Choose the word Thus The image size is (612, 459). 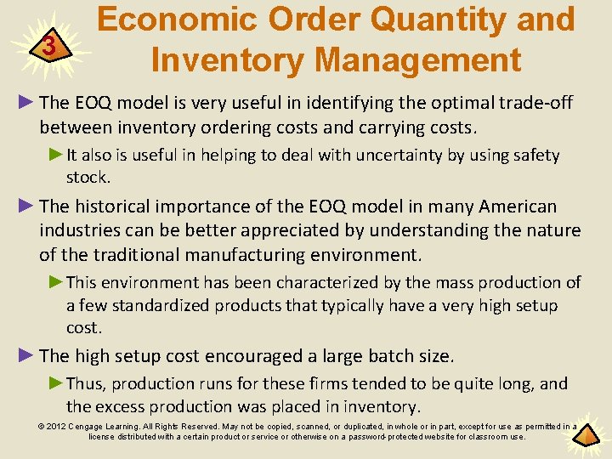click(83, 384)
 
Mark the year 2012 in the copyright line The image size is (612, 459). click(57, 427)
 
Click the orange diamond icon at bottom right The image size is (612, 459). click(588, 437)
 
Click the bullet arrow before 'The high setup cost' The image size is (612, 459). click(28, 355)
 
